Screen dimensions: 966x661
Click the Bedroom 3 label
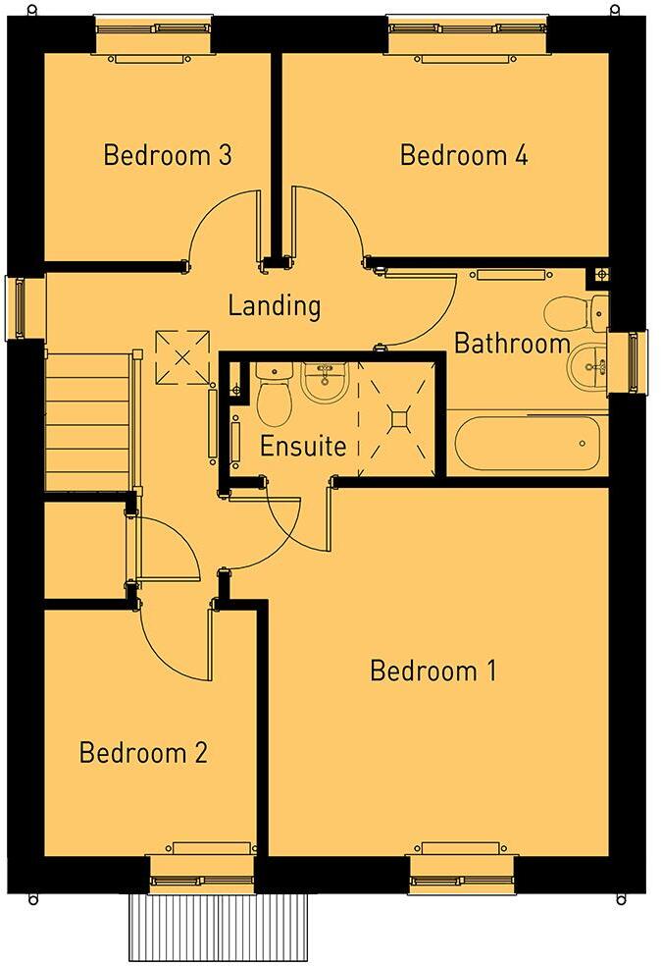pyautogui.click(x=168, y=155)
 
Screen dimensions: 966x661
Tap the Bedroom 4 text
pyautogui.click(x=464, y=155)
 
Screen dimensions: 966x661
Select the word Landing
pyautogui.click(x=275, y=305)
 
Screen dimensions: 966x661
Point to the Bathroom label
pyautogui.click(x=512, y=344)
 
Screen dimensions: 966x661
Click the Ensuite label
pyautogui.click(x=303, y=447)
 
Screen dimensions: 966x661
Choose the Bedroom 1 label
pyautogui.click(x=432, y=671)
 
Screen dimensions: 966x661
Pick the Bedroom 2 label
pyautogui.click(x=143, y=753)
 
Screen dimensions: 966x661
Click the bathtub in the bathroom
pyautogui.click(x=528, y=443)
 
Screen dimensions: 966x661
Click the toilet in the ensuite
pyautogui.click(x=274, y=397)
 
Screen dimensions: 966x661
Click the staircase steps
pyautogui.click(x=88, y=422)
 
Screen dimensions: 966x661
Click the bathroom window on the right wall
pyautogui.click(x=631, y=362)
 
